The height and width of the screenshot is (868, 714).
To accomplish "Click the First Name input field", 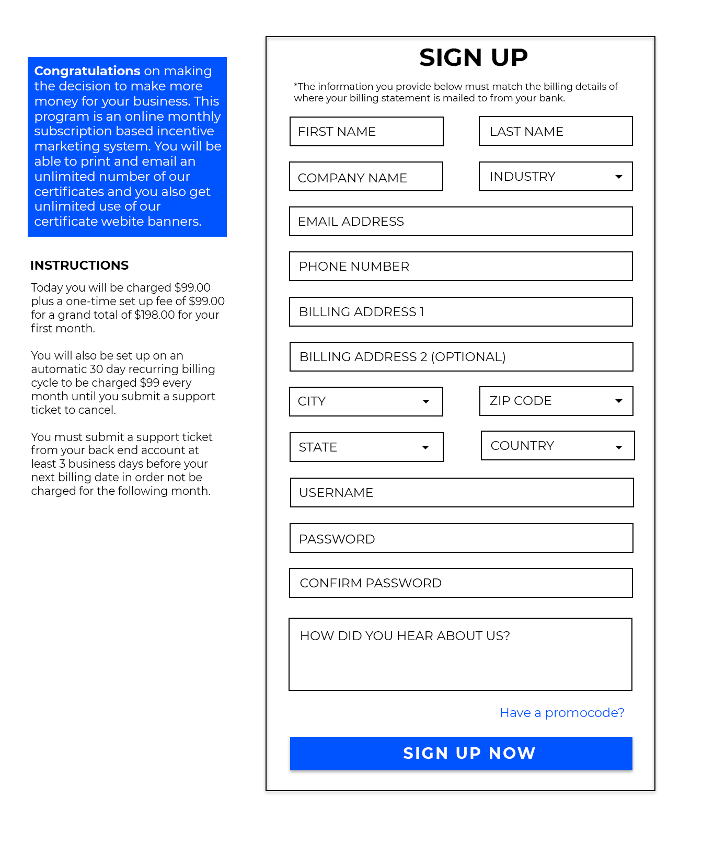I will pos(366,132).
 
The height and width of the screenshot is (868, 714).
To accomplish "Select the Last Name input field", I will pos(555,131).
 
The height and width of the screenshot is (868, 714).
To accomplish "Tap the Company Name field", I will pos(366,177).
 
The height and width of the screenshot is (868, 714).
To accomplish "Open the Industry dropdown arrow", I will pos(619,177).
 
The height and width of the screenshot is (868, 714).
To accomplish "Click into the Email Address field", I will pos(460,222).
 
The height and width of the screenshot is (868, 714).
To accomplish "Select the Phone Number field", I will pos(460,267).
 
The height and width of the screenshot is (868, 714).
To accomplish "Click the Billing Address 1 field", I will pos(460,312).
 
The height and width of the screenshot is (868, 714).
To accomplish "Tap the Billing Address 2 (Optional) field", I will pos(460,357).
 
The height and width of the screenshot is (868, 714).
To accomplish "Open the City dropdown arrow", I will pos(426,401).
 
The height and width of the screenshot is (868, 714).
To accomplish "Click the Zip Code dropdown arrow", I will pos(619,401).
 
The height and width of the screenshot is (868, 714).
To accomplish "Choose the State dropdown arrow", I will pos(425,447).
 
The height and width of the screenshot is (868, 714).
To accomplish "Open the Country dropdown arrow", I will pos(619,447).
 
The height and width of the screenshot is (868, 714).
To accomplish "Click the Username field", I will pos(462,493).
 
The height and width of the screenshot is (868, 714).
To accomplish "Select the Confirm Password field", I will pos(460,583).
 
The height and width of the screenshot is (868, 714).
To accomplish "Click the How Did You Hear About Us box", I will pos(460,654).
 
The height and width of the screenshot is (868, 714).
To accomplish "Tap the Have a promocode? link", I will pos(562,713).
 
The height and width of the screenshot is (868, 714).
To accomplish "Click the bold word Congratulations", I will pos(87,71).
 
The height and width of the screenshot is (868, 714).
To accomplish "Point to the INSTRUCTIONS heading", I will pos(79,265).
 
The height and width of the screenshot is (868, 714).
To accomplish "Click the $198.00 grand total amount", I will pos(155,315).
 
